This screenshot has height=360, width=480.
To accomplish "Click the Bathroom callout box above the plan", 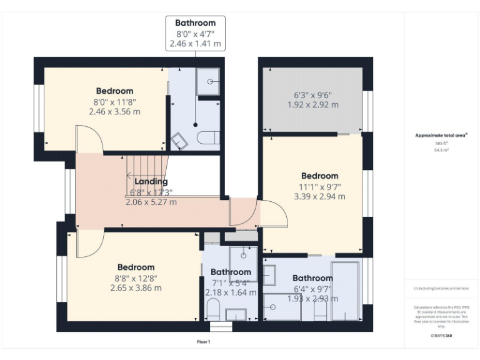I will (195, 34).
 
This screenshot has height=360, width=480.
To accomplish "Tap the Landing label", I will (151, 182).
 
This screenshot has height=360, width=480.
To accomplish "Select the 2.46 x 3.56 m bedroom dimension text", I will (114, 112).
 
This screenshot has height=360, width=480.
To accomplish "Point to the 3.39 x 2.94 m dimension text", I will (319, 196).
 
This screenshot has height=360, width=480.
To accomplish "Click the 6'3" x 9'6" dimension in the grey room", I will (312, 96).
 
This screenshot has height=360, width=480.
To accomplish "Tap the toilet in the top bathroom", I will (207, 137).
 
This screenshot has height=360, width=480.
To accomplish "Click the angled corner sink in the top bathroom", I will (180, 141).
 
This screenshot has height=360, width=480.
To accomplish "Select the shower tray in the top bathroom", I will (208, 81).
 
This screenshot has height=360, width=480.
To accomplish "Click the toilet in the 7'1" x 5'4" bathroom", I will (212, 309).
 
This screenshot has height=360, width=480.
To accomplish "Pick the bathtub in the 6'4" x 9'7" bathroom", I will (344, 291).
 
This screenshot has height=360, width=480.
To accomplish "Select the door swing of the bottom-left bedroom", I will (89, 244).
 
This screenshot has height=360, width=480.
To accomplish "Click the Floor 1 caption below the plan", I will (203, 342).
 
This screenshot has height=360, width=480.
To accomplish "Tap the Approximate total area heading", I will (441, 135).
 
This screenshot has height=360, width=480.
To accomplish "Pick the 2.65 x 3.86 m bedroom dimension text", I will (136, 288).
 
